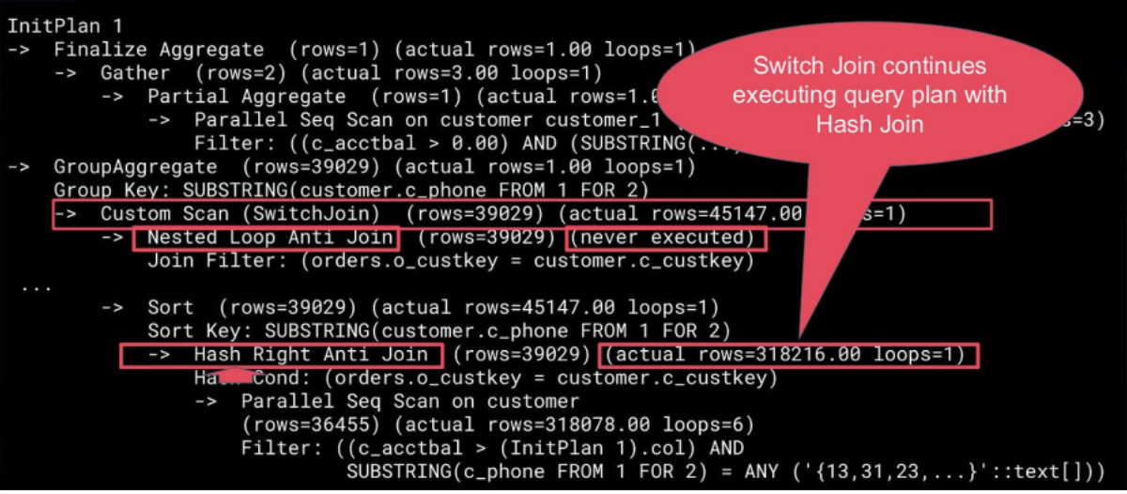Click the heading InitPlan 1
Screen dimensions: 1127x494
(x=65, y=26)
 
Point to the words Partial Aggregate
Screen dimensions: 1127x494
(x=246, y=97)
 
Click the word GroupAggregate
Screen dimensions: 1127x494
(x=135, y=167)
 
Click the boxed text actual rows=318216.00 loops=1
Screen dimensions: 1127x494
(x=787, y=355)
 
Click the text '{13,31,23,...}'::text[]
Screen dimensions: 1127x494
(x=948, y=472)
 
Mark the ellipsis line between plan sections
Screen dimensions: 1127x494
(x=37, y=286)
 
